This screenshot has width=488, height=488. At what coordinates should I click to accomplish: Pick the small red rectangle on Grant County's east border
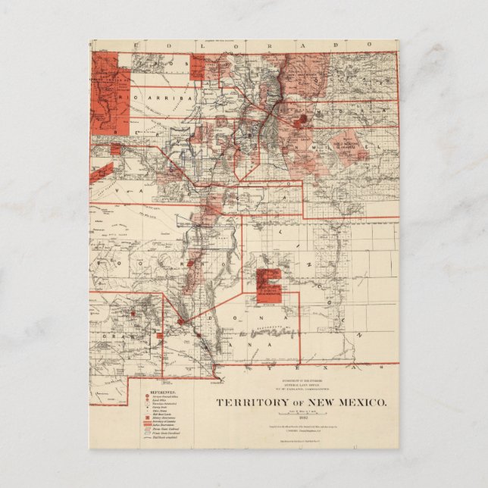pos(160,334)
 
